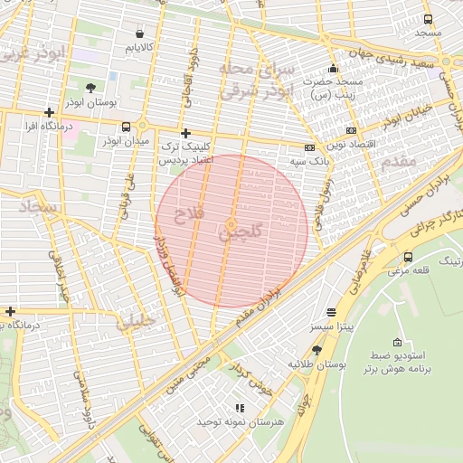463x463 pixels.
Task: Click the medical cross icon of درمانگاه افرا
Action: click(x=49, y=113)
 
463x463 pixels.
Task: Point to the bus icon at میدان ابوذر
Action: click(x=125, y=127)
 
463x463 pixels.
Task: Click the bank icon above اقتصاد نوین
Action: click(x=351, y=130)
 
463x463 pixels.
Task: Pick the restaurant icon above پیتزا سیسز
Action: click(x=332, y=310)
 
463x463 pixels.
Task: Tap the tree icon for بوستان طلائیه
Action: click(x=317, y=349)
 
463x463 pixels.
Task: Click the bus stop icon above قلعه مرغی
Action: click(x=409, y=257)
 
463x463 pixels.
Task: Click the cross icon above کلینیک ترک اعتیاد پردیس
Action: click(x=185, y=132)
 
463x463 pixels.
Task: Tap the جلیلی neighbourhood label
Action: click(x=137, y=320)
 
